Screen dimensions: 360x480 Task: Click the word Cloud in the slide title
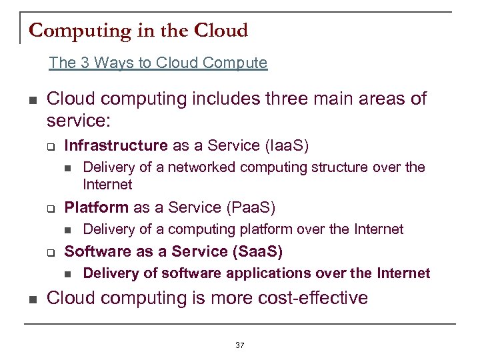pos(221,31)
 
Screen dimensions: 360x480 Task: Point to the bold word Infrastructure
pos(115,145)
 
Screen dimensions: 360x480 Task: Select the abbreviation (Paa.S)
pos(251,207)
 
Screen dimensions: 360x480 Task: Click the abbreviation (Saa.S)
pos(257,251)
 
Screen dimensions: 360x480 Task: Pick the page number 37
pos(240,345)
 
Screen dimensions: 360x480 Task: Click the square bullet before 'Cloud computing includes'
pos(31,100)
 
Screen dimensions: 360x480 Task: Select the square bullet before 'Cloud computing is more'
pos(31,298)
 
